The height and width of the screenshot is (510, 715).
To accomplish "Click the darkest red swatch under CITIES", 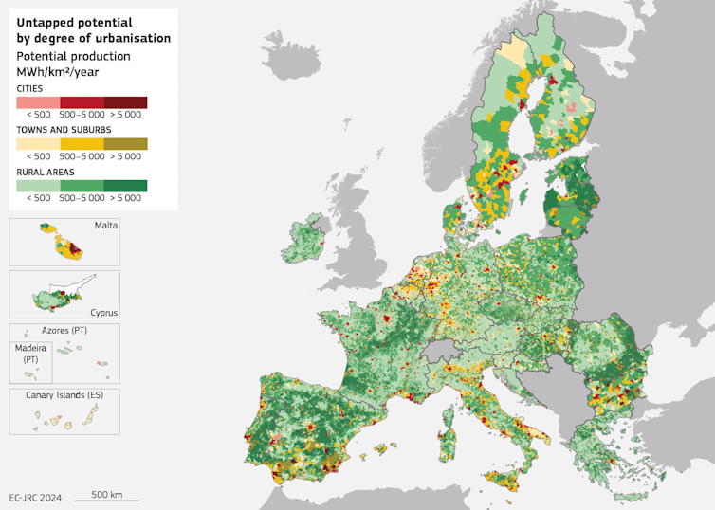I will click(x=125, y=102).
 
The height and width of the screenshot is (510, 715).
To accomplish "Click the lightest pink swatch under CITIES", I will click(x=38, y=102).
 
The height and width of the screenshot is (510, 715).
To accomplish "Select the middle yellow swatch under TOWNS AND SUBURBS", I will click(x=82, y=143).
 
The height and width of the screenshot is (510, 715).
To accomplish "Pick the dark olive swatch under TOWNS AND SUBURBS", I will click(x=125, y=143).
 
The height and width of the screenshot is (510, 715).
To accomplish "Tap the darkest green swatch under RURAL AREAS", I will click(x=125, y=185).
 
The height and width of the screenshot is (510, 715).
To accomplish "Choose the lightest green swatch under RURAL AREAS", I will click(x=38, y=185).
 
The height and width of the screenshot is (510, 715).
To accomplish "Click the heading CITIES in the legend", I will click(x=29, y=88).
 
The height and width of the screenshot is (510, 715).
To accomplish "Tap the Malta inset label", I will click(x=105, y=226).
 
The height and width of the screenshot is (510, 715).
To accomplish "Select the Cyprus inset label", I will click(x=103, y=311).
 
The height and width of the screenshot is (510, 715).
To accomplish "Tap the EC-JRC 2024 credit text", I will click(x=34, y=497).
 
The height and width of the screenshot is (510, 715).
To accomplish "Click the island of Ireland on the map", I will click(x=307, y=254).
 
